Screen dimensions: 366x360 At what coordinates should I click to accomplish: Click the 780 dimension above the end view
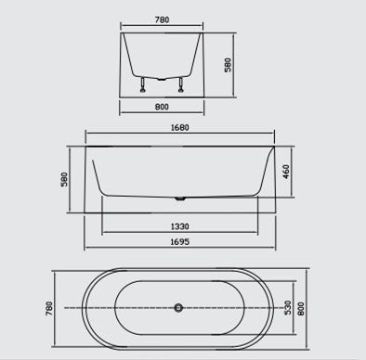pyautogui.click(x=162, y=19)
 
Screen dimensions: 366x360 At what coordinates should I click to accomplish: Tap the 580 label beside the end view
pyautogui.click(x=228, y=65)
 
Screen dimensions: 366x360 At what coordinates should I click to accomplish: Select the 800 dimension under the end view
pyautogui.click(x=162, y=107)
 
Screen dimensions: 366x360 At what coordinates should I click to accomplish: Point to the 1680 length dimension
pyautogui.click(x=180, y=127)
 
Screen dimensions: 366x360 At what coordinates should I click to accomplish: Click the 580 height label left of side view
pyautogui.click(x=64, y=179)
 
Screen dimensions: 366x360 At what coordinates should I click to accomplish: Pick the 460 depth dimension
pyautogui.click(x=286, y=172)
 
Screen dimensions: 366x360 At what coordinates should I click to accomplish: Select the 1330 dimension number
pyautogui.click(x=180, y=226)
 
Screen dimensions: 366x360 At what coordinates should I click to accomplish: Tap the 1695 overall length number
pyautogui.click(x=180, y=241)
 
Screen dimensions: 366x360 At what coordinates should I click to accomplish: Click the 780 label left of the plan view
pyautogui.click(x=49, y=308)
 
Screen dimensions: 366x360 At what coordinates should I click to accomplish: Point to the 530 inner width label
pyautogui.click(x=288, y=307)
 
